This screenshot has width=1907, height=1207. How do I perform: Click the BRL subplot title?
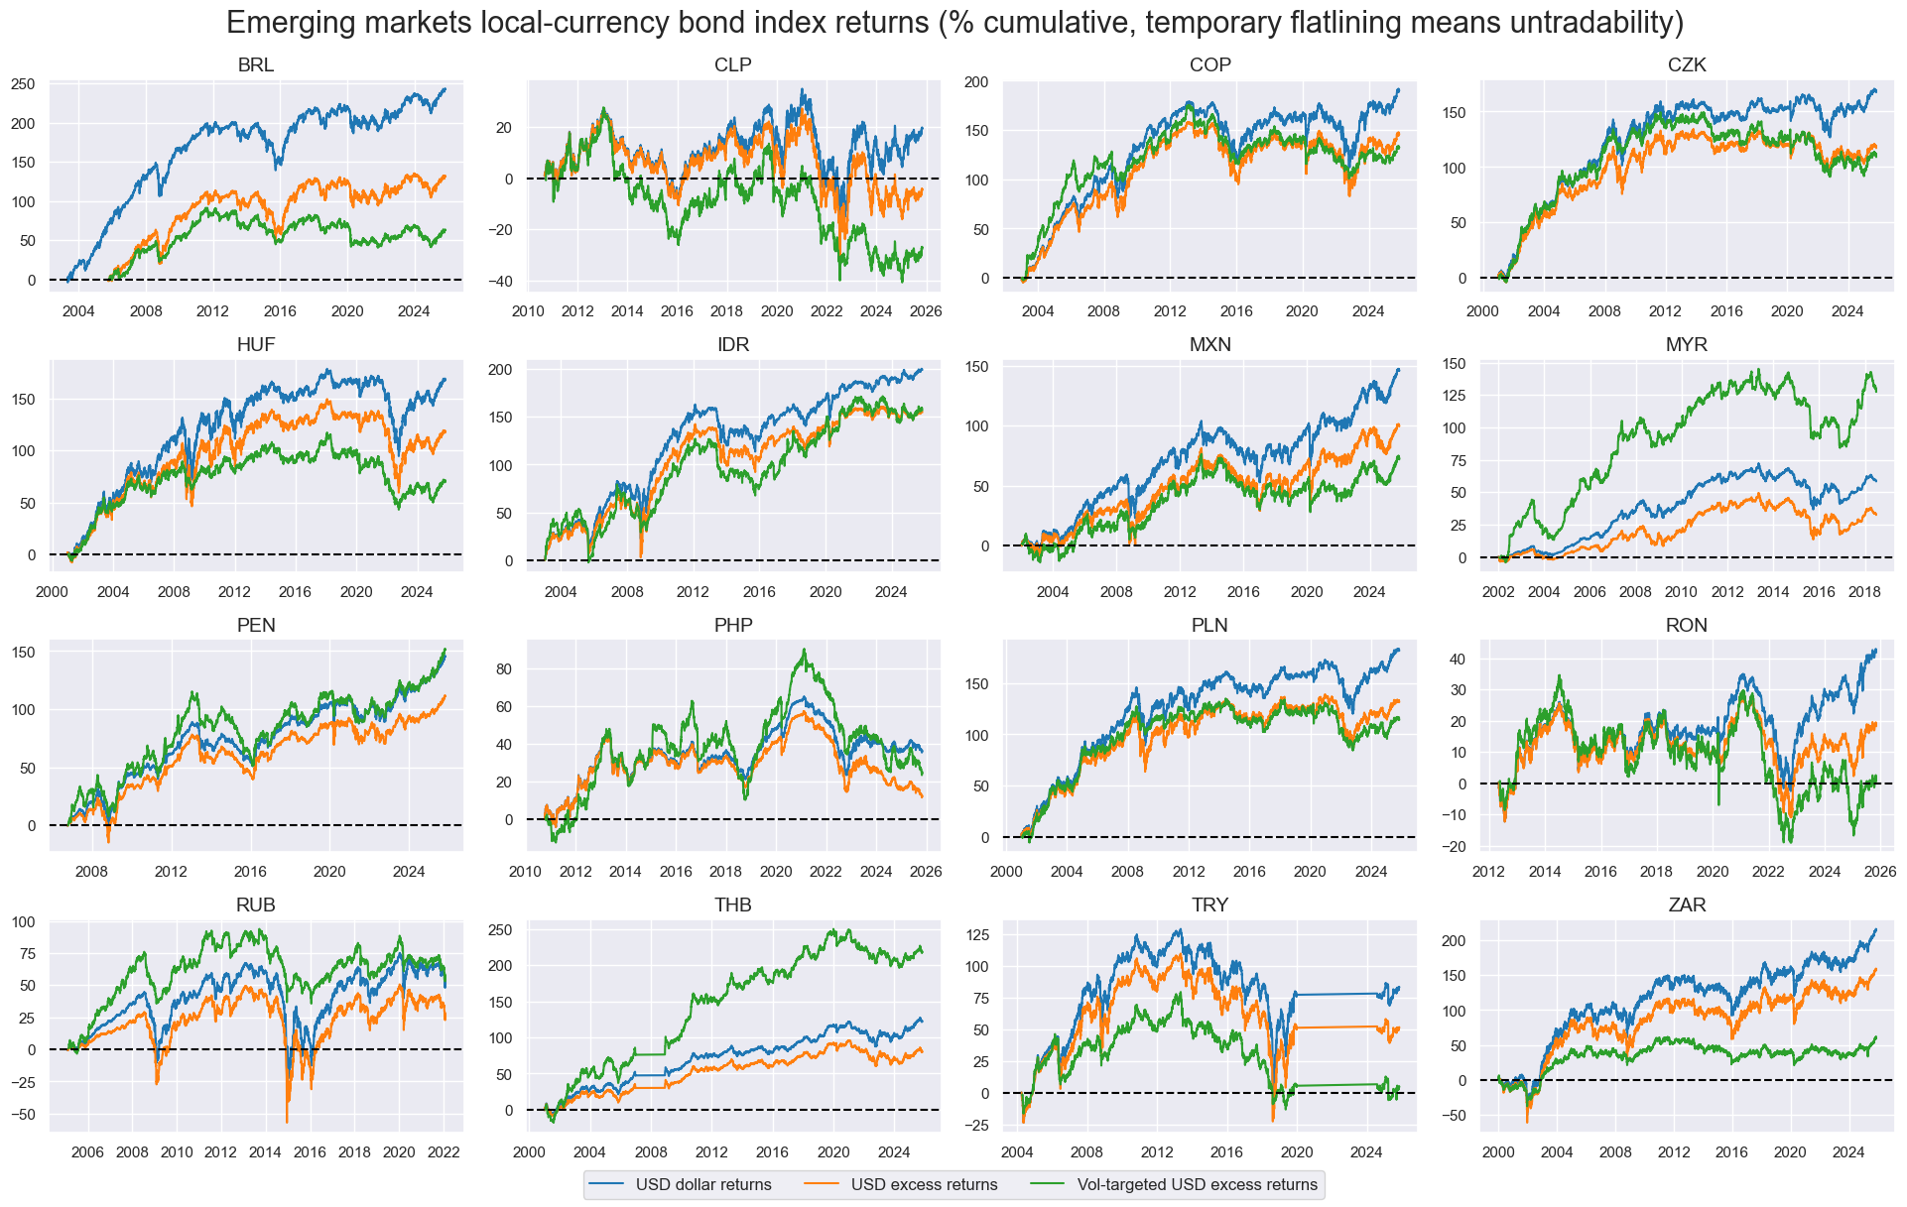pos(255,65)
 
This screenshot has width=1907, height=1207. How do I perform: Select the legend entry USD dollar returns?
pos(702,1184)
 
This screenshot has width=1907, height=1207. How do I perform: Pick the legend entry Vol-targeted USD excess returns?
pos(1197,1184)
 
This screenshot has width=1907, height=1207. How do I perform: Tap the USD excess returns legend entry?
pos(924,1184)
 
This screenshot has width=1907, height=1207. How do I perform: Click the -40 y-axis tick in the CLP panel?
pos(499,282)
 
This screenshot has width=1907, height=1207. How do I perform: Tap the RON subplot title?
pos(1687,626)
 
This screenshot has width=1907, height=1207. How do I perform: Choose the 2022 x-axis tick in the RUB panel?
pos(443,1152)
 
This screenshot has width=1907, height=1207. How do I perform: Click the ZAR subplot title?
pos(1687,905)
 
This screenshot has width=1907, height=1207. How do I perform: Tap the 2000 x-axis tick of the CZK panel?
pos(1482,311)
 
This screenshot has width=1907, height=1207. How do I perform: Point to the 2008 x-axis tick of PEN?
pos(91,872)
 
